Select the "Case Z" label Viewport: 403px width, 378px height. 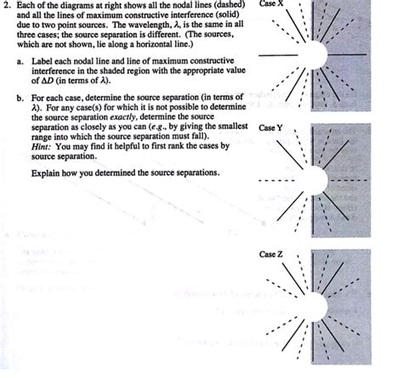(272, 254)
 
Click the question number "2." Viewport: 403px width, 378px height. (5, 6)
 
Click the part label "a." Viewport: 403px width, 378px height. (20, 61)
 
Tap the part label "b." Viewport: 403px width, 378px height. (20, 98)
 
